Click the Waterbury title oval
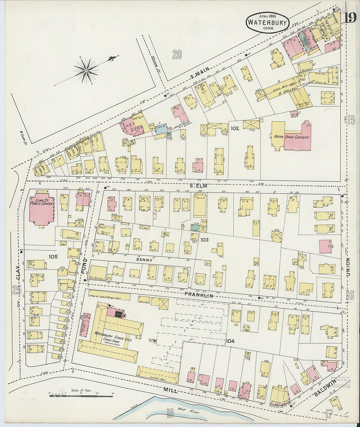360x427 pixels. (267, 22)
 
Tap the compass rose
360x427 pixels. (86, 70)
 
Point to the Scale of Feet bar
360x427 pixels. (81, 395)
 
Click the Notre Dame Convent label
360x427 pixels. (290, 137)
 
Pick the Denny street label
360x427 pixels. (144, 260)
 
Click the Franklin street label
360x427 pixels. (199, 295)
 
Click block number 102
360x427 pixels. (235, 128)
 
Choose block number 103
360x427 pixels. (204, 240)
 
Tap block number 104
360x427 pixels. (230, 341)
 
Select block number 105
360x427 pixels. (53, 257)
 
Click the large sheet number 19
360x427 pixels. (350, 18)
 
